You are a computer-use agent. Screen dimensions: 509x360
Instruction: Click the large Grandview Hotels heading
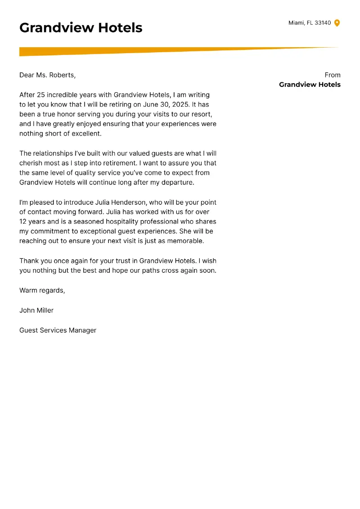(81, 28)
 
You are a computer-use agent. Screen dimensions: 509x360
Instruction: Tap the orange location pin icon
(337, 23)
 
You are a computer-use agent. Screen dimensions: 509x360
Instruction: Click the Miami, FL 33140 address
(309, 23)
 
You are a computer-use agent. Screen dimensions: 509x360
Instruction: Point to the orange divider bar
(135, 51)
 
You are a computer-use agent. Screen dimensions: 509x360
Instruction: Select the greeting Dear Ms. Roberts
(47, 75)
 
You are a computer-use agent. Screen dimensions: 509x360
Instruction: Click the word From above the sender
(332, 75)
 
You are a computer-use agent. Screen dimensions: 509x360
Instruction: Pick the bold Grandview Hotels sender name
(310, 85)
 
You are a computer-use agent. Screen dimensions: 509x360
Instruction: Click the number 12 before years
(23, 221)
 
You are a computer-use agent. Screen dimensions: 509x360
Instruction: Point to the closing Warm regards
(42, 290)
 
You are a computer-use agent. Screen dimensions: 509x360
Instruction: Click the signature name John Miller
(36, 310)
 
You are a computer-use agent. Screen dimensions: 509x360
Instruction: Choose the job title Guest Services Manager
(58, 330)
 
